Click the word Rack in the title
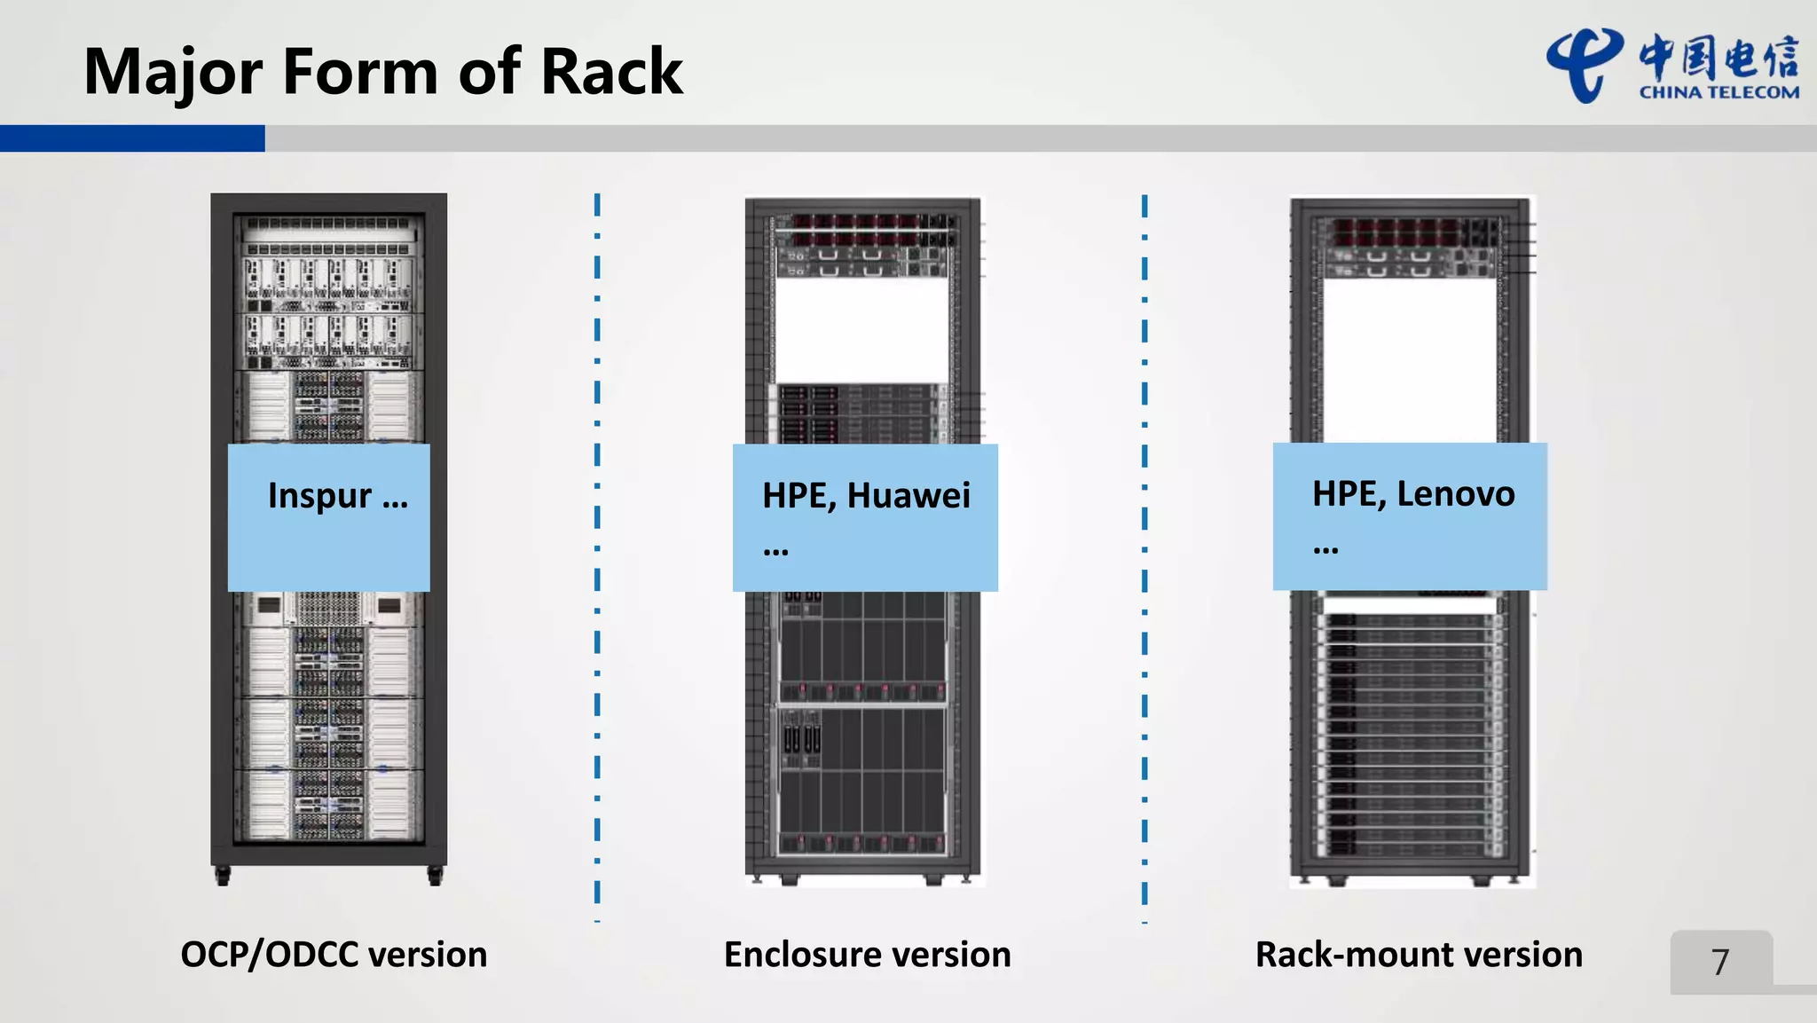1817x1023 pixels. click(611, 72)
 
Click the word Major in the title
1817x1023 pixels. click(173, 72)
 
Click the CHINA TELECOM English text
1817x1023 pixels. click(1719, 92)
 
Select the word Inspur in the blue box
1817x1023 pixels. click(319, 495)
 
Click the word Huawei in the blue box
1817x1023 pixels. click(908, 495)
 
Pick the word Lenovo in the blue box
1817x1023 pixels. click(1456, 493)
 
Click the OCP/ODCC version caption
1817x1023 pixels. click(334, 955)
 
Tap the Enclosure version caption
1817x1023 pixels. click(867, 955)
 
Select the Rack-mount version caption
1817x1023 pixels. click(1419, 955)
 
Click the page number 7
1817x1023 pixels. click(1720, 962)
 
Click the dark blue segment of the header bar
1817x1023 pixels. click(132, 138)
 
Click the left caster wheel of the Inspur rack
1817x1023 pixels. click(223, 877)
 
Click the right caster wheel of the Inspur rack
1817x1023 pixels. click(435, 877)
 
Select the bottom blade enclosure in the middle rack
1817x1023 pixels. click(861, 781)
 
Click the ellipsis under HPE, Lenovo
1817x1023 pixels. click(1325, 550)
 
